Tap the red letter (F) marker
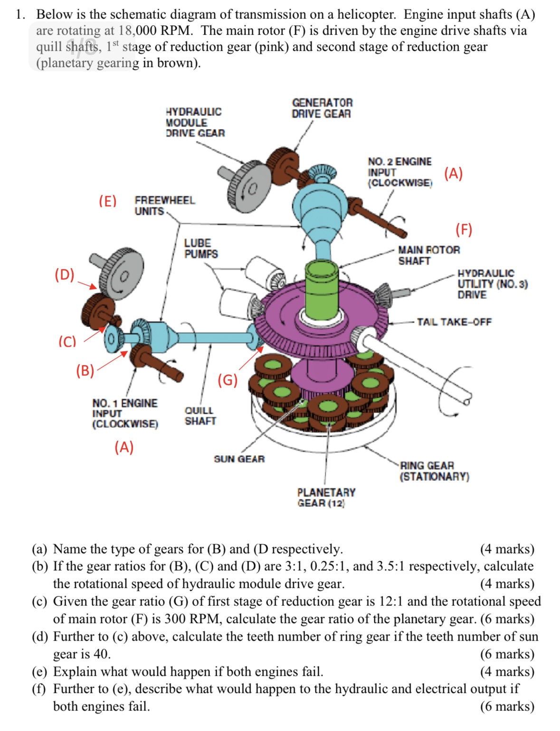pyautogui.click(x=464, y=230)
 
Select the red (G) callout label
pyautogui.click(x=228, y=380)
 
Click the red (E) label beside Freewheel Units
pyautogui.click(x=107, y=201)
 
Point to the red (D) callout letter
pyautogui.click(x=64, y=275)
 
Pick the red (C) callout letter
pyautogui.click(x=67, y=341)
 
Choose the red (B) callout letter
pyautogui.click(x=85, y=371)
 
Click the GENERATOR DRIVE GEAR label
pyautogui.click(x=322, y=108)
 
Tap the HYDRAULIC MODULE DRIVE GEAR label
pyautogui.click(x=195, y=123)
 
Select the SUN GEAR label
pyautogui.click(x=239, y=459)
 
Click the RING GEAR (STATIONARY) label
pyautogui.click(x=434, y=471)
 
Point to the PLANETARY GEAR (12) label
pyautogui.click(x=326, y=498)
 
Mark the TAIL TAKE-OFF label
pyautogui.click(x=454, y=322)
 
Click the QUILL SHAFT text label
pyautogui.click(x=200, y=416)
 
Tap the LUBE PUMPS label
pyautogui.click(x=201, y=249)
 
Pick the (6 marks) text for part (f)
pyautogui.click(x=507, y=706)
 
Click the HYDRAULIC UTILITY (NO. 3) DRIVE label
pyautogui.click(x=492, y=284)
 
